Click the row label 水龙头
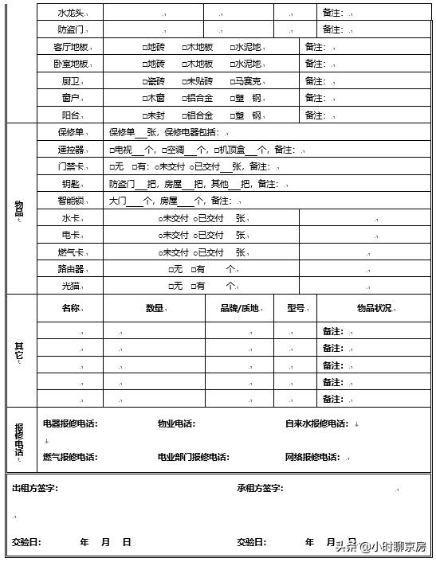coord(69,13)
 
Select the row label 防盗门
coord(69,29)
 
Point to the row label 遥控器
coord(70,150)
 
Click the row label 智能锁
coord(70,201)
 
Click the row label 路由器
coord(70,269)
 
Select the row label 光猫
coord(70,286)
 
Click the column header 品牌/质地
coord(239,308)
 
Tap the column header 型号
coord(295,308)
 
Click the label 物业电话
coord(176,423)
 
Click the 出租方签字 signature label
coord(34,488)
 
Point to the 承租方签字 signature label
coord(260,488)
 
